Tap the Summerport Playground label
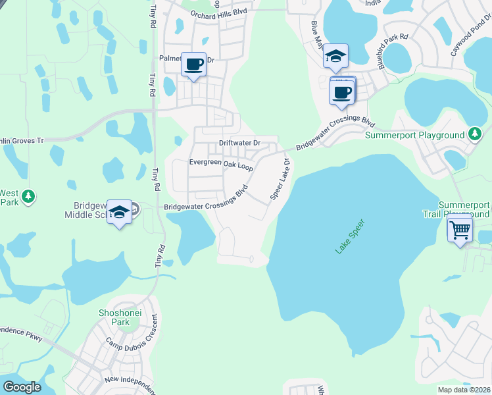[x=415, y=135]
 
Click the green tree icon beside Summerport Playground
[x=475, y=134]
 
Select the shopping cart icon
[x=460, y=230]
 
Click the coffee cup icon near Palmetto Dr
[x=193, y=65]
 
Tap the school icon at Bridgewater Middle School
[x=119, y=212]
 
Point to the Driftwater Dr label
[x=240, y=143]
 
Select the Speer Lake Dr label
[x=280, y=179]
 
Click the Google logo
[x=22, y=387]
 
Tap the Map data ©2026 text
[x=464, y=390]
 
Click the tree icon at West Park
[x=28, y=196]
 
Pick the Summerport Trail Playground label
[x=464, y=209]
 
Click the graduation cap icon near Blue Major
[x=335, y=57]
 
